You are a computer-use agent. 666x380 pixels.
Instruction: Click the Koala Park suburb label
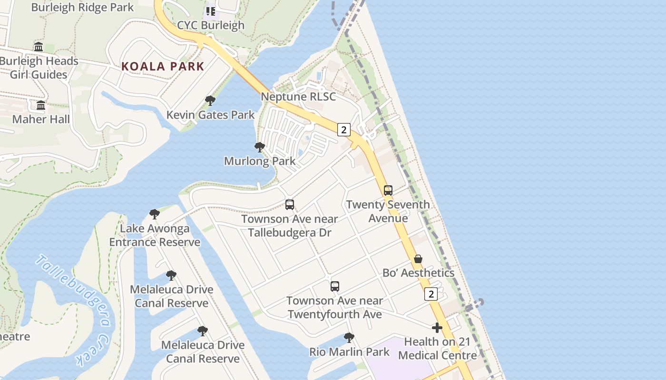pos(163,66)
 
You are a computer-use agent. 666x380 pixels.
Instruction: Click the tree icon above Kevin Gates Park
pos(210,101)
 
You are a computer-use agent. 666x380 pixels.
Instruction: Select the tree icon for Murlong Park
pos(259,147)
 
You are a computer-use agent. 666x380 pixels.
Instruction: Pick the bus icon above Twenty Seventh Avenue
pos(388,190)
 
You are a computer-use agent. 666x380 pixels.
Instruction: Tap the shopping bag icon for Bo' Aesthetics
pos(418,259)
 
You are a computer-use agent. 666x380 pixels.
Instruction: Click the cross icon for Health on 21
pos(437,328)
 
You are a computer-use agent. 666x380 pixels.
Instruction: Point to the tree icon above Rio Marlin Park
pos(349,338)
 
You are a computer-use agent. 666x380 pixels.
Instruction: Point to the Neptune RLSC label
pos(298,97)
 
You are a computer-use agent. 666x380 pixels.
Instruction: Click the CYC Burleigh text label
pos(211,25)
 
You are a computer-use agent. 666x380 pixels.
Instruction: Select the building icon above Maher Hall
pos(41,105)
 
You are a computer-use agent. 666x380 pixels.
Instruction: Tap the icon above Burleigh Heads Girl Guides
pos(39,47)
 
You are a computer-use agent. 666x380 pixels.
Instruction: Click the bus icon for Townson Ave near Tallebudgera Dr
pos(289,205)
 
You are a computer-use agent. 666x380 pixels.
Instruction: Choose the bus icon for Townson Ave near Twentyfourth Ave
pos(335,286)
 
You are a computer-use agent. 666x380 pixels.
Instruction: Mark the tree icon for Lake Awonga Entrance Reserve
pos(154,214)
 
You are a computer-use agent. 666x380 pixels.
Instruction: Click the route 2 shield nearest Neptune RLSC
pos(344,130)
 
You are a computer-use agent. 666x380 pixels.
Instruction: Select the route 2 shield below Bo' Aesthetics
pos(431,294)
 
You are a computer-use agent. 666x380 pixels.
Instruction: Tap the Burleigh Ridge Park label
pos(82,8)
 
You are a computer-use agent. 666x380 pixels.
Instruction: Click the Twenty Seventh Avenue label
pos(388,211)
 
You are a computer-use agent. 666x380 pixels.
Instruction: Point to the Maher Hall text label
pos(41,119)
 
